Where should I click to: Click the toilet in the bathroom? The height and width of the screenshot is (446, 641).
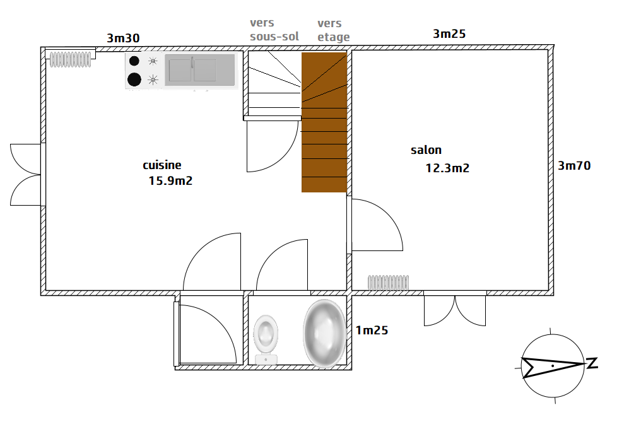pyautogui.click(x=266, y=339)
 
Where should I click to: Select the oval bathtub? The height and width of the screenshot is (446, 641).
pyautogui.click(x=324, y=333)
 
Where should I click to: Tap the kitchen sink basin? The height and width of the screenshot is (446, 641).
pyautogui.click(x=200, y=70)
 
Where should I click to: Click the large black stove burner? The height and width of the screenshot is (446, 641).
pyautogui.click(x=134, y=79)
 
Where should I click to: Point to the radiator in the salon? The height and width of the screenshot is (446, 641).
pyautogui.click(x=389, y=283)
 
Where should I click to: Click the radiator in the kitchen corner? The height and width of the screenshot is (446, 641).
pyautogui.click(x=70, y=60)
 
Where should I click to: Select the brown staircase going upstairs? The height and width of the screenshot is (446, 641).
pyautogui.click(x=324, y=122)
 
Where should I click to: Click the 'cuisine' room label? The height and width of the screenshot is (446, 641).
pyautogui.click(x=162, y=165)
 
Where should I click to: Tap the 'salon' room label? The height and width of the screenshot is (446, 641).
pyautogui.click(x=426, y=150)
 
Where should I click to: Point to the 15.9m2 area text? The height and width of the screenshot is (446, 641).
pyautogui.click(x=170, y=180)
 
